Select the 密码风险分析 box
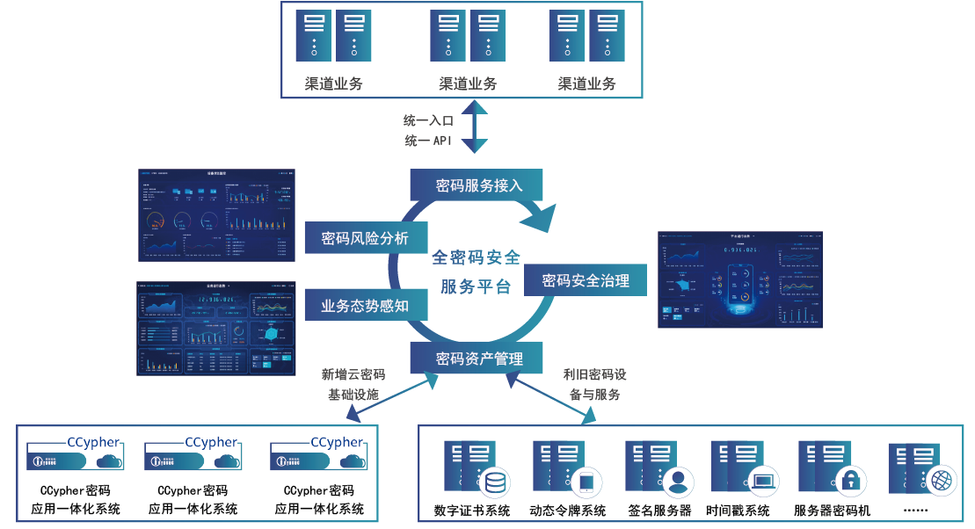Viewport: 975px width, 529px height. point(364,238)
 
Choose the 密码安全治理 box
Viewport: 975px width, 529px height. point(586,281)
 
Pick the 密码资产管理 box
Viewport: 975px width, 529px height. point(479,359)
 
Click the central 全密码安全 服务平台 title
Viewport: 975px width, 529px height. point(476,272)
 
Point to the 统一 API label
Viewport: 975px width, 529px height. point(428,141)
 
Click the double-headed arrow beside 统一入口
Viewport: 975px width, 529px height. point(475,127)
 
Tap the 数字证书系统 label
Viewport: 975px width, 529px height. point(472,511)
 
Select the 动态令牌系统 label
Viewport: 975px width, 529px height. point(568,511)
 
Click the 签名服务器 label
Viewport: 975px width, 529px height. point(659,511)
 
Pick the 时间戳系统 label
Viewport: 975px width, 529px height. point(739,511)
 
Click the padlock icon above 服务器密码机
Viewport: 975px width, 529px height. point(850,480)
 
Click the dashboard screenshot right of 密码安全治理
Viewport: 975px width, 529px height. point(740,279)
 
